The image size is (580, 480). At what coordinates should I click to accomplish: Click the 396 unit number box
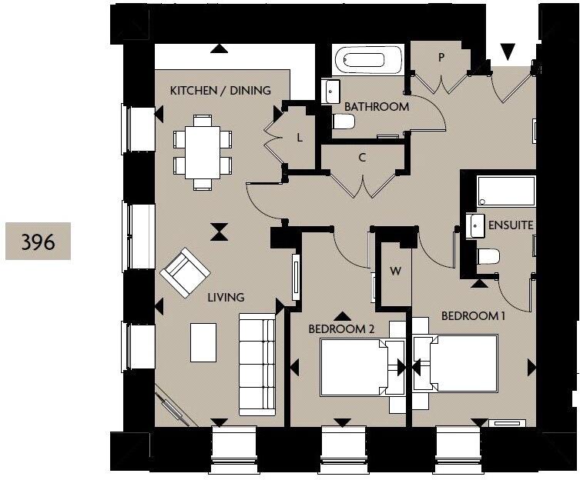coord(38,242)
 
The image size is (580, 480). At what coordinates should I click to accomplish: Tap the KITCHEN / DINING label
coord(220,91)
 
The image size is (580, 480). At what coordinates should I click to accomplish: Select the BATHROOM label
coord(377,107)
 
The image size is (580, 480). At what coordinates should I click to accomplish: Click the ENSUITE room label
coord(511,225)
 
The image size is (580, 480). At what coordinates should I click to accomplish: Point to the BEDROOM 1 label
coord(473,315)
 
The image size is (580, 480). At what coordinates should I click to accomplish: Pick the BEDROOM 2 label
coord(341,328)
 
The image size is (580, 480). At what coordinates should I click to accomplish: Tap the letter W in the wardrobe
coord(396,271)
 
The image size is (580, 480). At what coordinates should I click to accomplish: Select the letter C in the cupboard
coord(361,158)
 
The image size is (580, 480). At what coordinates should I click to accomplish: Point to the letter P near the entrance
coord(441,57)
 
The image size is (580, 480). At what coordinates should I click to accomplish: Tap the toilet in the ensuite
coord(488,256)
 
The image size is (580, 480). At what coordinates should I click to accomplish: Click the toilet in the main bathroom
coord(343,122)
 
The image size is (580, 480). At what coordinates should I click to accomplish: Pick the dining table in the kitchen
coord(203,152)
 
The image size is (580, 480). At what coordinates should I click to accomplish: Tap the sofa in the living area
coord(256,362)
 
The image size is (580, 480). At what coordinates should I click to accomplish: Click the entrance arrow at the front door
coord(508,52)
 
